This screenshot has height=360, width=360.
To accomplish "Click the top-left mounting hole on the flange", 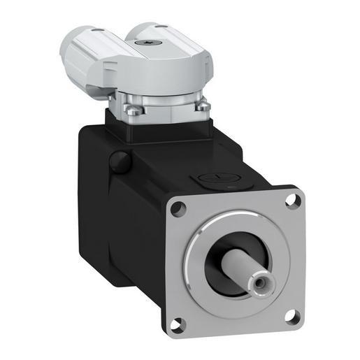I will point(178,208).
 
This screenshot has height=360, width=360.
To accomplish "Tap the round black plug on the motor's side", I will point(120,162).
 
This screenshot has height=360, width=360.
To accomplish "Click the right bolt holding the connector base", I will point(203,106).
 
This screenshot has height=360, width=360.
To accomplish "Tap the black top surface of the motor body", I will point(175,161).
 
